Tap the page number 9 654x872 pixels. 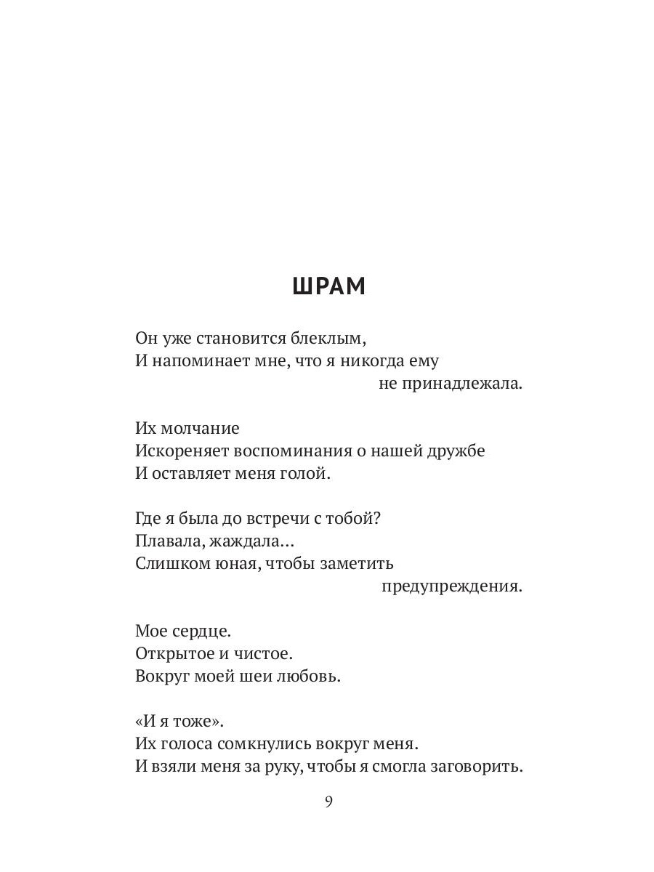pyautogui.click(x=328, y=802)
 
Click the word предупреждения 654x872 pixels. pyautogui.click(x=452, y=586)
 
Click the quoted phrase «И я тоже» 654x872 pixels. pyautogui.click(x=180, y=722)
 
